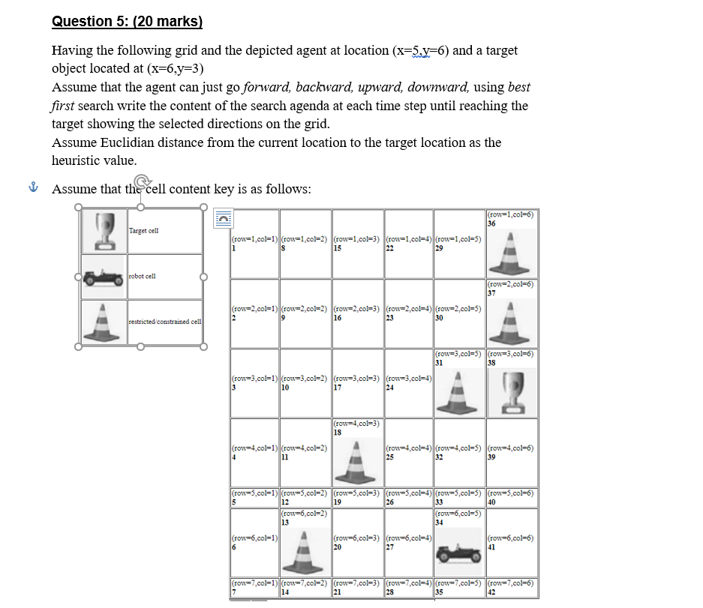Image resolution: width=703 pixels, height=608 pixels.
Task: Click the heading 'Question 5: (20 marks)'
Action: click(128, 21)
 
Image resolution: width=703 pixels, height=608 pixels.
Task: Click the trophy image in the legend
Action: click(104, 231)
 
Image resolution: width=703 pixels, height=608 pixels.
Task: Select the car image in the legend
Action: click(104, 277)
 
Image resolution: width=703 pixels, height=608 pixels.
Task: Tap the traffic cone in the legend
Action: click(104, 322)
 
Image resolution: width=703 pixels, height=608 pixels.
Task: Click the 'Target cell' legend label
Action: click(144, 231)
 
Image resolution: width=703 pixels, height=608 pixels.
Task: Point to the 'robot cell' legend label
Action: click(143, 277)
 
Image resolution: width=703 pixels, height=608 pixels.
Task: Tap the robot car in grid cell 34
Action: click(459, 552)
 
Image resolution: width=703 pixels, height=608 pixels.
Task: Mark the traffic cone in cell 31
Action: click(459, 392)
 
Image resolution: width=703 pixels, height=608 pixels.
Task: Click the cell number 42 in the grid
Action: click(491, 592)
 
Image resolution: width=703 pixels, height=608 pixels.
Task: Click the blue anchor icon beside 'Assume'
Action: click(32, 189)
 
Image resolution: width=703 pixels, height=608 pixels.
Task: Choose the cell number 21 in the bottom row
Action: click(336, 592)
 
